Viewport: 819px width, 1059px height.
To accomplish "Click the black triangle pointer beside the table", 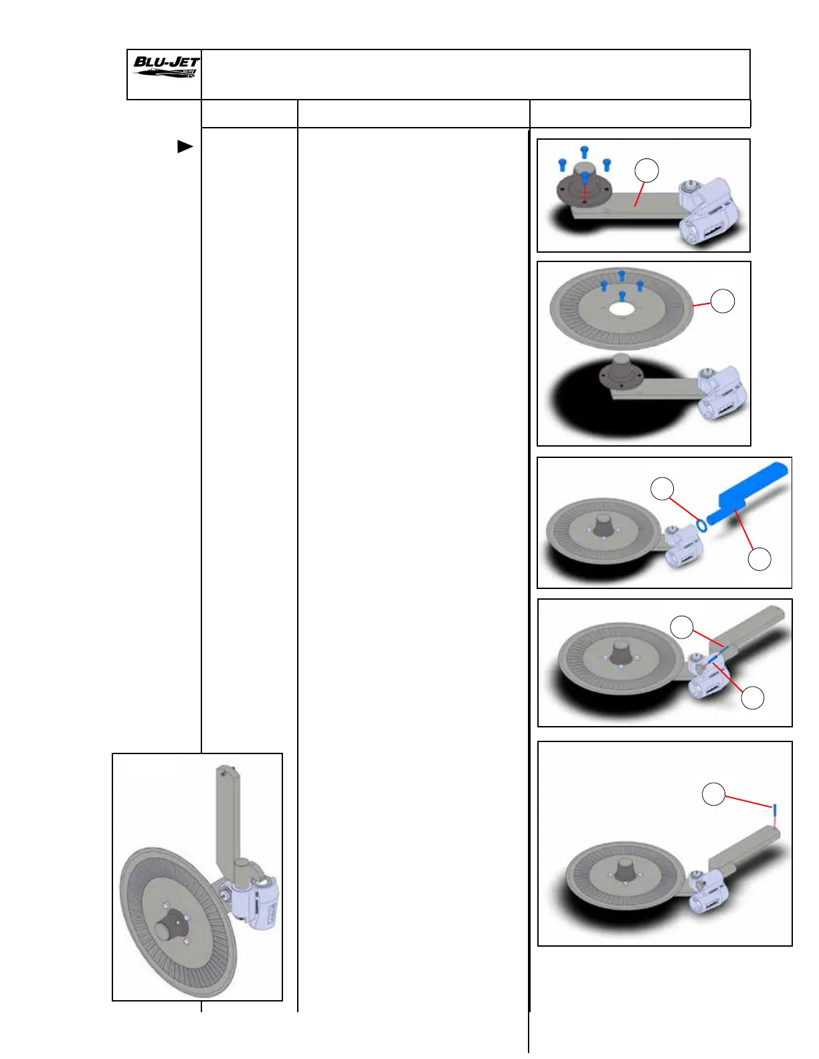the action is (185, 146).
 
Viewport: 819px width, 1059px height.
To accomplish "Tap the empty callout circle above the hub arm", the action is (646, 170).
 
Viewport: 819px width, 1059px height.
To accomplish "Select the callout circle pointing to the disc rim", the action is (723, 302).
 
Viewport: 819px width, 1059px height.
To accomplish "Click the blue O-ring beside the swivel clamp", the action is (701, 525).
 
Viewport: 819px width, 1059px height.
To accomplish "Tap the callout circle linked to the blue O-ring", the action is (662, 489).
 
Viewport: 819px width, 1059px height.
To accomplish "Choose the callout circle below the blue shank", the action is (759, 559).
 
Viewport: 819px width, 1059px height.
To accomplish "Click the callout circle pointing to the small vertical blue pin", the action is (713, 795).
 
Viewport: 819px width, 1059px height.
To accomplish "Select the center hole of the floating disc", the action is (622, 310).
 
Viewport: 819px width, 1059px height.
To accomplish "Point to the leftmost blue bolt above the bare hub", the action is (562, 164).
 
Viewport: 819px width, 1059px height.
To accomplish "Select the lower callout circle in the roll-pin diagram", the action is (753, 698).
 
